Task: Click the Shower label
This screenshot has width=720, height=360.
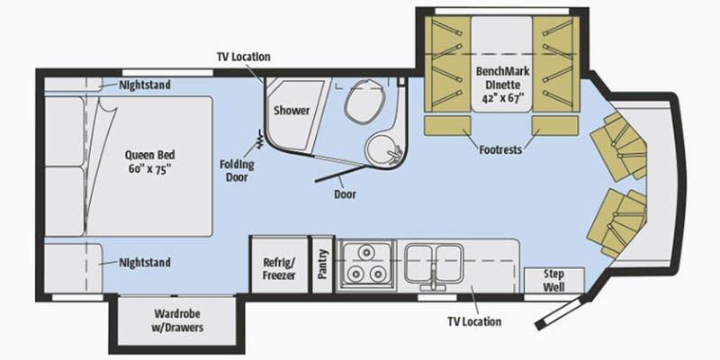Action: [292, 111]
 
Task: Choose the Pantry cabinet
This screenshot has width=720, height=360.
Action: [322, 265]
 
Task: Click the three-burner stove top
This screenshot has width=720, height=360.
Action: [365, 265]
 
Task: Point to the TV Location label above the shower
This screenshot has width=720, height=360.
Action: [242, 57]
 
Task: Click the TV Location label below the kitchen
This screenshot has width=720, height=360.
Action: [474, 321]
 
